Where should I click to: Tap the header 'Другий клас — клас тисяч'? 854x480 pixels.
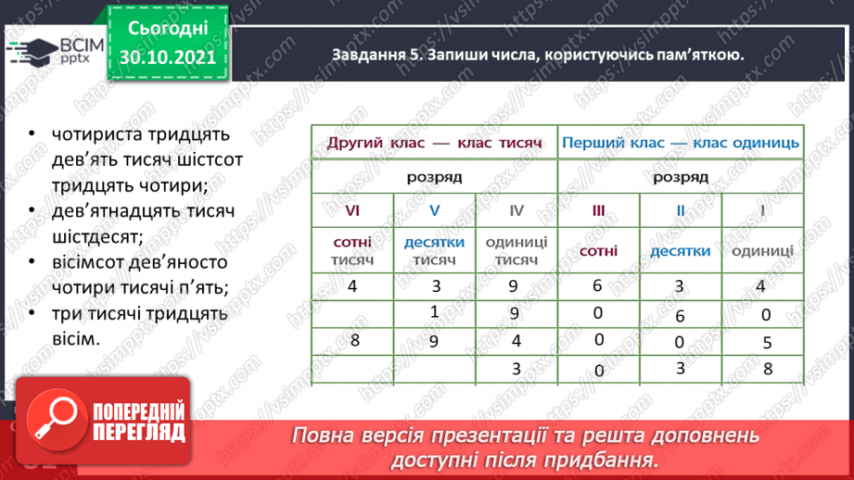pyautogui.click(x=433, y=143)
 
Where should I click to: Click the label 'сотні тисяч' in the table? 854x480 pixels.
pyautogui.click(x=352, y=251)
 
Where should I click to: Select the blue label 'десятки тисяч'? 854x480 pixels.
pyautogui.click(x=434, y=251)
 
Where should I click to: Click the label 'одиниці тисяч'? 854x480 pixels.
pyautogui.click(x=516, y=251)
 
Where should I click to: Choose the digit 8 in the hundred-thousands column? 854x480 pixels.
pyautogui.click(x=354, y=341)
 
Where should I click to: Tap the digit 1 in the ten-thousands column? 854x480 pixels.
pyautogui.click(x=434, y=311)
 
